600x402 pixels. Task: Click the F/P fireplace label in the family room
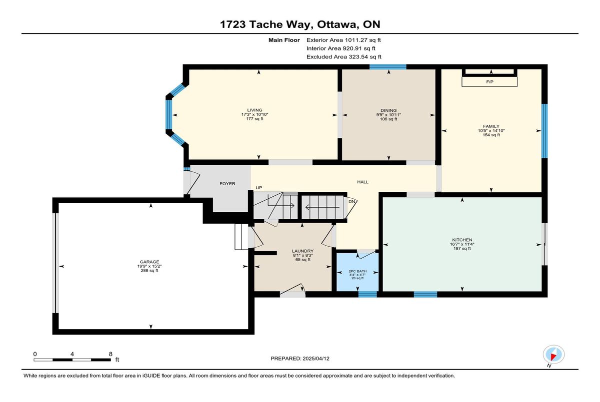(x=489, y=82)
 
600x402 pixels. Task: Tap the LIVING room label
(x=254, y=110)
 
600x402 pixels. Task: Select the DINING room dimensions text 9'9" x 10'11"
(x=388, y=115)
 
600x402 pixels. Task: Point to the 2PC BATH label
(x=357, y=271)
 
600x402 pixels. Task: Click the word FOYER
(x=227, y=184)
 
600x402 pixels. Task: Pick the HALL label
(x=362, y=182)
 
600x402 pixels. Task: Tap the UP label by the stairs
(x=259, y=188)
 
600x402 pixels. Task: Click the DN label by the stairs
(x=351, y=201)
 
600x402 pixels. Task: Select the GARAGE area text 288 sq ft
(x=149, y=270)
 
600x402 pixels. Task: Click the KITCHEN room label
(x=462, y=240)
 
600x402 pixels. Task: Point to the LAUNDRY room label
(x=302, y=251)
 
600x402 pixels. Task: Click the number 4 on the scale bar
(x=72, y=354)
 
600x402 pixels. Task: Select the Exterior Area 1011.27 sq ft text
(x=343, y=40)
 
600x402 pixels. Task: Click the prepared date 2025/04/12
(x=316, y=359)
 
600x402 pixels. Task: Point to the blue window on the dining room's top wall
(x=388, y=67)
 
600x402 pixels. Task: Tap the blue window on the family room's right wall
(x=544, y=131)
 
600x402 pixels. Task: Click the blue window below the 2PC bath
(x=367, y=294)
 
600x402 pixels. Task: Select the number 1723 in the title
(x=233, y=24)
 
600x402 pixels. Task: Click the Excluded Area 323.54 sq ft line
(x=344, y=57)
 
